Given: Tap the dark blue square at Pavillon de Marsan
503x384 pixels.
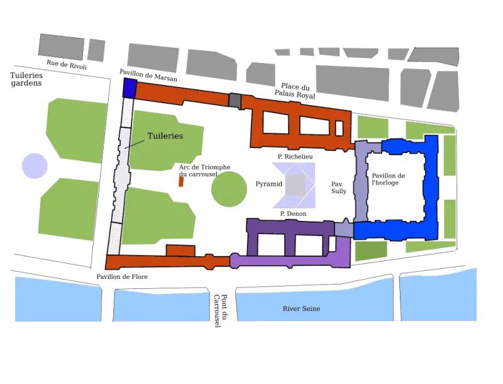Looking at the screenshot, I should [130, 88].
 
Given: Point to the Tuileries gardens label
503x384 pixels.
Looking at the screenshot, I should [26, 79].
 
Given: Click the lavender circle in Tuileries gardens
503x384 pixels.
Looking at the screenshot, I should [35, 166].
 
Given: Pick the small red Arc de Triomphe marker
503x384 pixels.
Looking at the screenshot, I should [181, 181].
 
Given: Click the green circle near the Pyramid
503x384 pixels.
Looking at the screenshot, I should [228, 189].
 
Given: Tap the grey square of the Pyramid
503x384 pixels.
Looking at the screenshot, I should [295, 185].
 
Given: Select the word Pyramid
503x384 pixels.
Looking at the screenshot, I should [268, 184].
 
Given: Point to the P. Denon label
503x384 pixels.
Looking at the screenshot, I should [294, 214].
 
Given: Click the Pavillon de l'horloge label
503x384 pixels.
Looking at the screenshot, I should [389, 179].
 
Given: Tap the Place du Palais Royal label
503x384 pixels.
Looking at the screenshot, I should [295, 91].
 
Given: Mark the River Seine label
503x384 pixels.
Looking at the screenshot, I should [301, 308].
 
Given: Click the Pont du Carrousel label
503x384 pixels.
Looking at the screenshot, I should [219, 311].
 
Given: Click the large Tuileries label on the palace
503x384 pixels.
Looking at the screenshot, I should [165, 136].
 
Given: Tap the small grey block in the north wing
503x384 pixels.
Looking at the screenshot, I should [235, 100].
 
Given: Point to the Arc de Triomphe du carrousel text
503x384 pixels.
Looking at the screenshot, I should [204, 170].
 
